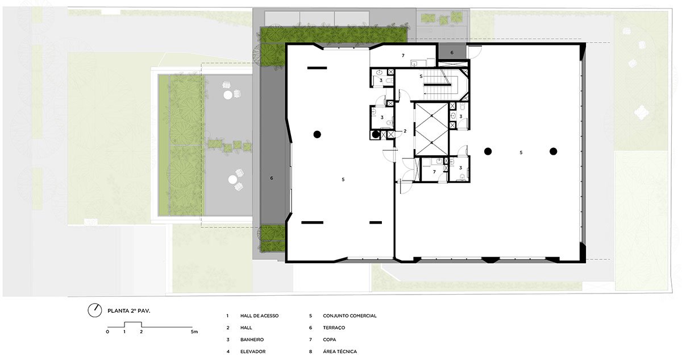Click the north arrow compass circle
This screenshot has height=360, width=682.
[x=95, y=311]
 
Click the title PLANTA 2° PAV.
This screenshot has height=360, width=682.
[x=129, y=311]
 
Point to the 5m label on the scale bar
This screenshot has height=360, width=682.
[x=194, y=332]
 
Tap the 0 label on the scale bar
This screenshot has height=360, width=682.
[x=107, y=332]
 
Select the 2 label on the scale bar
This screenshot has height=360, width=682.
[x=142, y=332]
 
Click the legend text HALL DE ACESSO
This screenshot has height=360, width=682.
[x=259, y=316]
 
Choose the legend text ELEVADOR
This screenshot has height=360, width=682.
[x=253, y=351]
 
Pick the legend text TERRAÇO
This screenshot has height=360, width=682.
[x=334, y=328]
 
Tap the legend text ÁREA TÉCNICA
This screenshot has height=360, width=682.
[x=340, y=351]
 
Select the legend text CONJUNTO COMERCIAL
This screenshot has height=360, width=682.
[x=350, y=316]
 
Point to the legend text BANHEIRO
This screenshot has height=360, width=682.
[x=252, y=340]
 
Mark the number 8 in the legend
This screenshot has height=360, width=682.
[x=310, y=351]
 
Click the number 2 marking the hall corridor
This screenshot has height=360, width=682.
[x=405, y=131]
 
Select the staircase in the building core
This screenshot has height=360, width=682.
[x=436, y=84]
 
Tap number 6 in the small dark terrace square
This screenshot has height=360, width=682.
[x=452, y=52]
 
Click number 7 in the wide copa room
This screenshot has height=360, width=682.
[x=403, y=55]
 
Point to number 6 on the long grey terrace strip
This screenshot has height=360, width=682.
[x=272, y=178]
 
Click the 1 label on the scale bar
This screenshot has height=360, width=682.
[x=124, y=332]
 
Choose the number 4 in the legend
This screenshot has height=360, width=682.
[x=228, y=351]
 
